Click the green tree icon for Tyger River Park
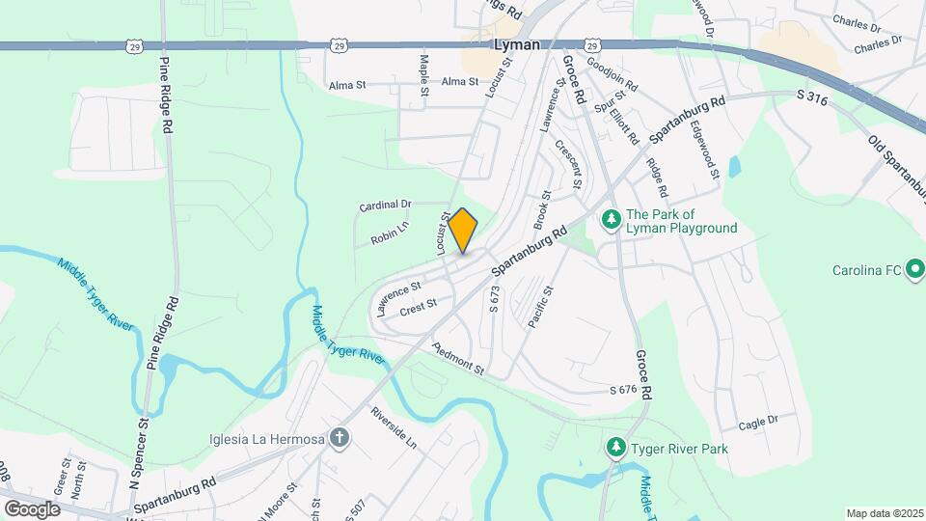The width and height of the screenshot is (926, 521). [615, 449]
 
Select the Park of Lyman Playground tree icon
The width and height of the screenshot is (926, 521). [611, 221]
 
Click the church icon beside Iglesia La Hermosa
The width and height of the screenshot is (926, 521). [339, 439]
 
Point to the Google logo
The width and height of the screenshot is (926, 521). [32, 508]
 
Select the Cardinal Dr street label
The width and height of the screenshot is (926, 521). [385, 206]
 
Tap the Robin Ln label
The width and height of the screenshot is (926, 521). [391, 233]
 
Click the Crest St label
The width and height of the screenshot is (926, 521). [418, 306]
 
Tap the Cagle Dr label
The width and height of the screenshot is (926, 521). [757, 422]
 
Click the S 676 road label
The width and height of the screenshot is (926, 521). [624, 390]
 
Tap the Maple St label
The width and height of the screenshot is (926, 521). [423, 75]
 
